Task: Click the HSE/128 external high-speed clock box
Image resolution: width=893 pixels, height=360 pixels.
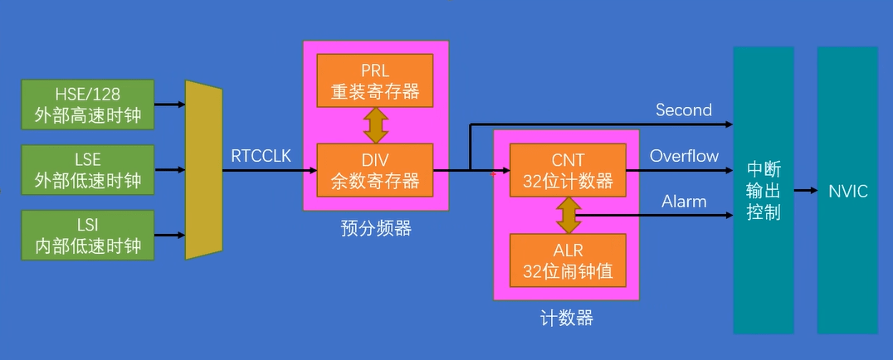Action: coord(89,105)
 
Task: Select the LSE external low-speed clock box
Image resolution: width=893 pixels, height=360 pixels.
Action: coord(89,169)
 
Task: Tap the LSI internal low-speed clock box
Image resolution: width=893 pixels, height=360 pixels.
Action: coord(89,235)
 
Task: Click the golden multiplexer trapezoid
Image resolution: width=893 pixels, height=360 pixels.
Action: coord(203,170)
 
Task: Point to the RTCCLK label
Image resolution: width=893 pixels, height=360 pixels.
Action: coord(261,154)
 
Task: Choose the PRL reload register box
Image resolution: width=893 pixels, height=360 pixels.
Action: coord(375,80)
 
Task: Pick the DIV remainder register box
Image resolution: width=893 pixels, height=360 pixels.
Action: coord(375,169)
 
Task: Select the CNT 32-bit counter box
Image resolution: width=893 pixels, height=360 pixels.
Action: coord(568,170)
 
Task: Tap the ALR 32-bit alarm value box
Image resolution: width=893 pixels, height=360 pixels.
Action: coord(568,260)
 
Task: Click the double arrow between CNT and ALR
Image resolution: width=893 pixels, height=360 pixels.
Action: coord(568,215)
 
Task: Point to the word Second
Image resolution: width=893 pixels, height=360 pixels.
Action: coord(684,109)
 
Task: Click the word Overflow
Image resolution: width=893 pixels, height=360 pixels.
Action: coord(684,156)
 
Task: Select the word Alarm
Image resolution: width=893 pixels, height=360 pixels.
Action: coord(684,202)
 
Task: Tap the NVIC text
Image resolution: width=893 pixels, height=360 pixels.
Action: coord(847,192)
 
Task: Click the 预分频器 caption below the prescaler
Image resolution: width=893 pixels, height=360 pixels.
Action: coord(375,227)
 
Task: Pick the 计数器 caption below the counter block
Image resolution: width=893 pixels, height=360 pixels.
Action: coord(568,318)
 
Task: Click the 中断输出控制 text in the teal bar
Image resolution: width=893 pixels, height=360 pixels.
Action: coord(764,191)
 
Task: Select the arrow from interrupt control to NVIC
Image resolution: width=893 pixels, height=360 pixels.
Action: coord(805,192)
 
